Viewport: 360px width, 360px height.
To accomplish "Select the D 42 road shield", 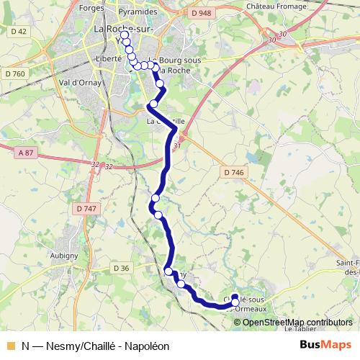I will (x=19, y=31).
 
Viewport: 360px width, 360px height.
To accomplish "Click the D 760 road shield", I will (x=14, y=73).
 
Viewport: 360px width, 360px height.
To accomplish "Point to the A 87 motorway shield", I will (x=26, y=151).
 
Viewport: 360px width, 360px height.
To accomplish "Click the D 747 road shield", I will (x=85, y=208).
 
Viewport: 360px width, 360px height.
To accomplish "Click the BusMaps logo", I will (x=325, y=345).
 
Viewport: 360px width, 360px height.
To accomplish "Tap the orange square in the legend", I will (x=10, y=346).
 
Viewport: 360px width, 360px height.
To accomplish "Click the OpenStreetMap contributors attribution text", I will (x=298, y=322).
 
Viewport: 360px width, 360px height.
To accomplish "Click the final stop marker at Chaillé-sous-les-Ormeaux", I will (x=235, y=297).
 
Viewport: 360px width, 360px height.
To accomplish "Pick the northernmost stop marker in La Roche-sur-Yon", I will (x=124, y=35).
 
